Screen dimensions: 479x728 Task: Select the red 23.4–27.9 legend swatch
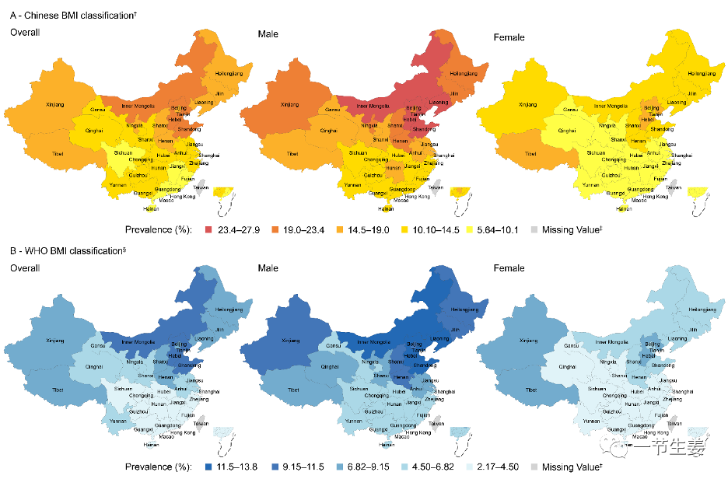(x=209, y=230)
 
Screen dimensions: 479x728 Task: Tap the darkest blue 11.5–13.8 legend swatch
(x=209, y=467)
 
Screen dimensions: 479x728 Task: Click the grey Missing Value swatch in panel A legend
(x=533, y=230)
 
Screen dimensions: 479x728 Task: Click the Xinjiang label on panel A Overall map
(x=55, y=103)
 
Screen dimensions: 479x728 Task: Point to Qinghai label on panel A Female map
(x=567, y=131)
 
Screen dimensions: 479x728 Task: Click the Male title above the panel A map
(x=268, y=34)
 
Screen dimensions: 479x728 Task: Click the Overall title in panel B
(x=24, y=269)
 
